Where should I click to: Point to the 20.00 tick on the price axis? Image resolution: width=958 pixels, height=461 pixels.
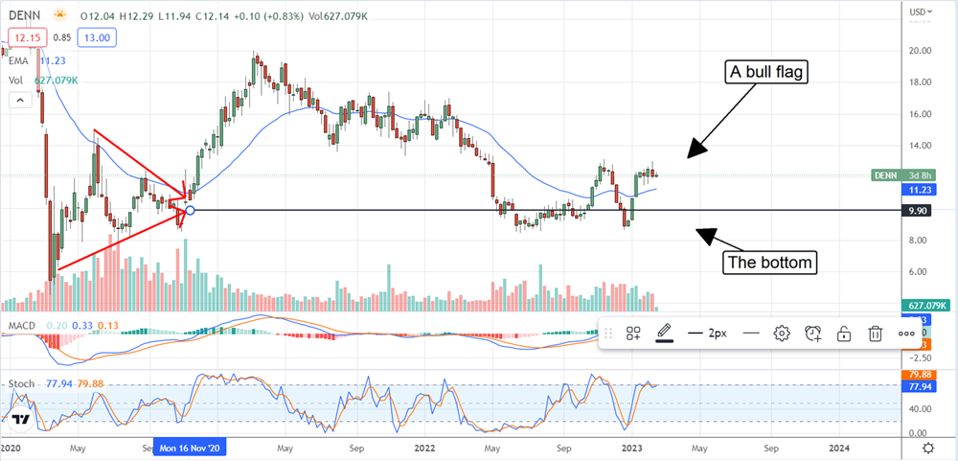(922, 50)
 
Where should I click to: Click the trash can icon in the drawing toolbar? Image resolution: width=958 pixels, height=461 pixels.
(875, 334)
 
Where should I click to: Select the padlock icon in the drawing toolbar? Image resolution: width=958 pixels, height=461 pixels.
(844, 334)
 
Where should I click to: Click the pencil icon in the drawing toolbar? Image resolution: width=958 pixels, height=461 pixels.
(664, 334)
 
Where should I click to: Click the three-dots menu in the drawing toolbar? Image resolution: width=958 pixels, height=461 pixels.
(906, 334)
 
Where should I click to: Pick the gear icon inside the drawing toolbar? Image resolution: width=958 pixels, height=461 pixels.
(782, 334)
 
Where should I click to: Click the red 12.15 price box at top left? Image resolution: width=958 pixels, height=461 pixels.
(23, 37)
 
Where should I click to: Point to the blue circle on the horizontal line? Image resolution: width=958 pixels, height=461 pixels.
(190, 210)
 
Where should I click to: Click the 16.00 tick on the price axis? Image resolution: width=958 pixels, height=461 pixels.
(922, 114)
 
